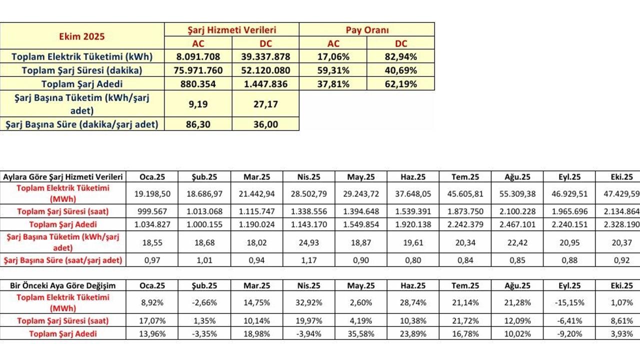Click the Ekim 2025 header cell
point(82,36)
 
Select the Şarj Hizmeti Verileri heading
point(232,30)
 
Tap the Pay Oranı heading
point(366,30)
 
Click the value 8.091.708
point(198,56)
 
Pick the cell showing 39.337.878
point(265,56)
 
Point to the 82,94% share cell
point(401,56)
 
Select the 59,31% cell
point(333,70)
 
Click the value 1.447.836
point(265,84)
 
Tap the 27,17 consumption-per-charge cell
point(265,104)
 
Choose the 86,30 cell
point(198,124)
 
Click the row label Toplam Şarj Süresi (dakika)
point(82,70)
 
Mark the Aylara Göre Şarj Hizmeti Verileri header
point(62,176)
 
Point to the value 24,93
point(308,242)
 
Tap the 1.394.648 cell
point(361,211)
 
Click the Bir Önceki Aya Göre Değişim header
point(62,285)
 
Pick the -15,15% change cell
point(569,302)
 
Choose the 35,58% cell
point(361,333)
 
